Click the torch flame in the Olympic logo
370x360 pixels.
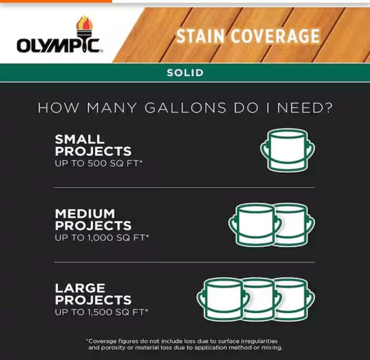coord(84,23)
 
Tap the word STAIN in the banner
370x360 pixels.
coord(200,36)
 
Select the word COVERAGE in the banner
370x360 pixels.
coord(275,36)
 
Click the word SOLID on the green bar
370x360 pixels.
coord(185,73)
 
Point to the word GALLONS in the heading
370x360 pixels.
coord(185,108)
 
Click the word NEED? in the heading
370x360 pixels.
coord(304,108)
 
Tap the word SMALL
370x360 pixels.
coord(80,139)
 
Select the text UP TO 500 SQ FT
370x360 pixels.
coord(99,163)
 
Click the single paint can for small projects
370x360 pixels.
coord(288,150)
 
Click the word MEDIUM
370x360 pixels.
coord(85,214)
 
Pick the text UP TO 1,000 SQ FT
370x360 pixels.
coord(102,237)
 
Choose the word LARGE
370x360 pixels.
coord(80,288)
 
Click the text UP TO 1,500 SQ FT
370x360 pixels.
coord(101,312)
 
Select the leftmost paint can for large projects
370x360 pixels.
coord(223,299)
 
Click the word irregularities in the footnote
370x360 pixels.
coord(259,341)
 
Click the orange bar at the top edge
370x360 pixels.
coord(56,1)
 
